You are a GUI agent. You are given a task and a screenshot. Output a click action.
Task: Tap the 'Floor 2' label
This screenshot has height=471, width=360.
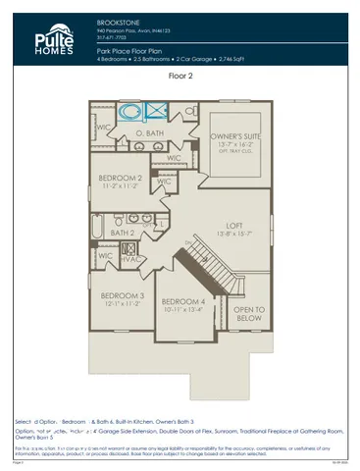tap(180, 76)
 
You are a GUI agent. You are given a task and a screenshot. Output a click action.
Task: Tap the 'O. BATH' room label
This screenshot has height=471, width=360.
tap(149, 131)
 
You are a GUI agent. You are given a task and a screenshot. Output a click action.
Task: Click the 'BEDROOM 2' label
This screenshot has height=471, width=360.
tap(121, 178)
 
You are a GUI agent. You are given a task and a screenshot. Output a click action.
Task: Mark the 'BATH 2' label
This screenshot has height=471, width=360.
tap(122, 233)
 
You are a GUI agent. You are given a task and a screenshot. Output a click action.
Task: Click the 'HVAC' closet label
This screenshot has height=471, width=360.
tap(132, 259)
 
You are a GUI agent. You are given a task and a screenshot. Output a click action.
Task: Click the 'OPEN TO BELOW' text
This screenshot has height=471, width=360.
tap(250, 314)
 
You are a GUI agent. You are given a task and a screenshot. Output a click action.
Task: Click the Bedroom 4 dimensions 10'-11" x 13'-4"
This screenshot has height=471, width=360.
tap(183, 310)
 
